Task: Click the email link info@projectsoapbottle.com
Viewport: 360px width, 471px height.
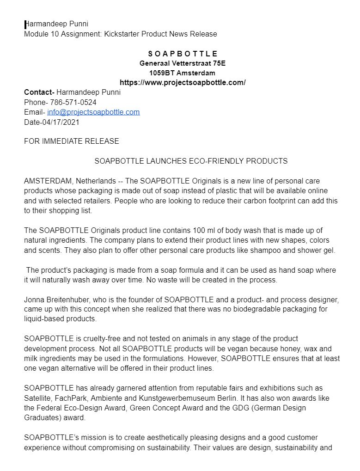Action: [93, 112]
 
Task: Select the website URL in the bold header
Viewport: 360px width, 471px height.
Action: [183, 83]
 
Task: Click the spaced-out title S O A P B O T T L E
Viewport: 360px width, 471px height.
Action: [183, 54]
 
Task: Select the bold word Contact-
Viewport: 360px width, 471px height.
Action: [39, 92]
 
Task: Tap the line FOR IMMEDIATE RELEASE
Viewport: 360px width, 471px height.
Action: [72, 141]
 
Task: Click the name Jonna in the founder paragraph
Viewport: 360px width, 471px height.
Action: [34, 300]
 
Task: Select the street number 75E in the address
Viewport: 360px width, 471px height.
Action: [216, 63]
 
